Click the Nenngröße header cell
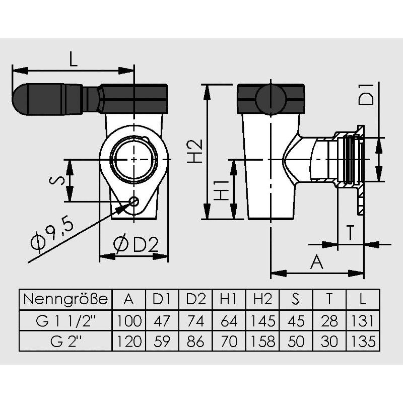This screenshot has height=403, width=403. point(65,299)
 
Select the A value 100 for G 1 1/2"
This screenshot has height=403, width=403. point(129,321)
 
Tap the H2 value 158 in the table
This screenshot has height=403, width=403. point(262,342)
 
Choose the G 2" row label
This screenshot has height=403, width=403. point(65,342)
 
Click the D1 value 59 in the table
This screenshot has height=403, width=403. point(162,342)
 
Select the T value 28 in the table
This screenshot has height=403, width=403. point(329,321)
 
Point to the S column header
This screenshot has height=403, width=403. point(296,299)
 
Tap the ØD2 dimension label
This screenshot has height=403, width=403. point(136,244)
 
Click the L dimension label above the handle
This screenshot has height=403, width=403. point(73,58)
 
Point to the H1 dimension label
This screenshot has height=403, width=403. point(221,190)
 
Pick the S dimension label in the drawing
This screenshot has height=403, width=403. point(57,180)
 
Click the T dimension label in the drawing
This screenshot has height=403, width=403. point(350,232)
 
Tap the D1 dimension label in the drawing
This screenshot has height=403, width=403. point(366,94)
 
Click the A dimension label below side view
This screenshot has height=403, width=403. point(317,261)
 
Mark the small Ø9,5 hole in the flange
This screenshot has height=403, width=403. point(134,201)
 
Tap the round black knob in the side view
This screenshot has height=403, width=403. point(271,99)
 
